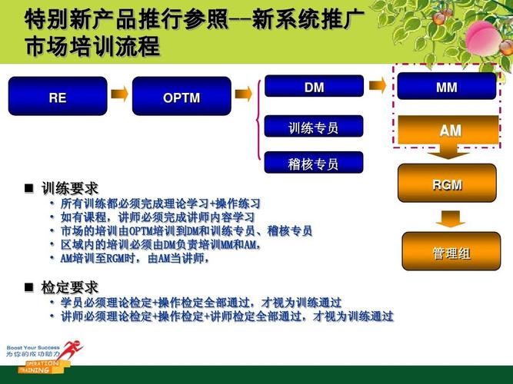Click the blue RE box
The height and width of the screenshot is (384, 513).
point(58,97)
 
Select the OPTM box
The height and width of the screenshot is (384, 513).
point(182,97)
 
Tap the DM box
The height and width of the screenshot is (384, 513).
point(314,87)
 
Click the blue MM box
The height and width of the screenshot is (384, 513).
point(446,87)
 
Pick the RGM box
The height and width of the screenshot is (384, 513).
point(447,184)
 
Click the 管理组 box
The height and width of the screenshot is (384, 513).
point(451,253)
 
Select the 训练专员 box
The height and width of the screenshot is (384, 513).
point(314,127)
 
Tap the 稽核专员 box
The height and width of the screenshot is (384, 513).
point(314,163)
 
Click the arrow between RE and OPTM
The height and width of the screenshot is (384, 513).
point(119,95)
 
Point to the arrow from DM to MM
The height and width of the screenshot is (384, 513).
point(377,86)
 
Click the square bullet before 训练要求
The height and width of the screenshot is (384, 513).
point(29,188)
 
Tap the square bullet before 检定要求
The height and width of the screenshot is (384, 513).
point(29,287)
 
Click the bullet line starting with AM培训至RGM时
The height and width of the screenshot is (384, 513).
point(135,259)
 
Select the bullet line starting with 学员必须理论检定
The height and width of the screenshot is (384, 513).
point(200,303)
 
